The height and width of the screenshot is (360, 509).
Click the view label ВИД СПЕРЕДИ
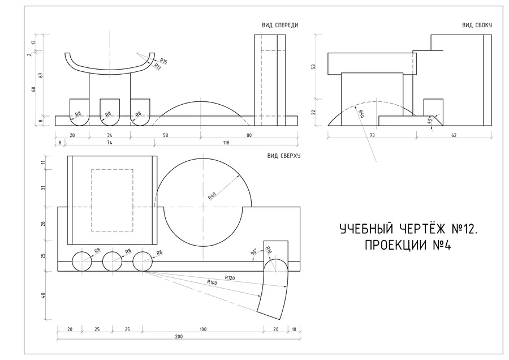click(x=280, y=25)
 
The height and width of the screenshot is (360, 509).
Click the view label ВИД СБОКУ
click(x=477, y=25)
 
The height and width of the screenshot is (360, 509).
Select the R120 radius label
click(x=230, y=278)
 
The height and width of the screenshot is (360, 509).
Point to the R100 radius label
click(x=213, y=282)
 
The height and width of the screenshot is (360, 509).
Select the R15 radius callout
click(x=163, y=61)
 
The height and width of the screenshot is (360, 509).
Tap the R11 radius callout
click(x=158, y=66)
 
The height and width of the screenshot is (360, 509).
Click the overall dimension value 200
click(x=179, y=337)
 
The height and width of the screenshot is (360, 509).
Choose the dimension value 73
click(x=372, y=136)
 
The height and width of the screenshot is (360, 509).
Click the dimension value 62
click(x=454, y=136)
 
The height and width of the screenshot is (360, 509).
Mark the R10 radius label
click(x=269, y=250)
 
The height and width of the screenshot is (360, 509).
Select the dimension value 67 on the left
click(x=34, y=74)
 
